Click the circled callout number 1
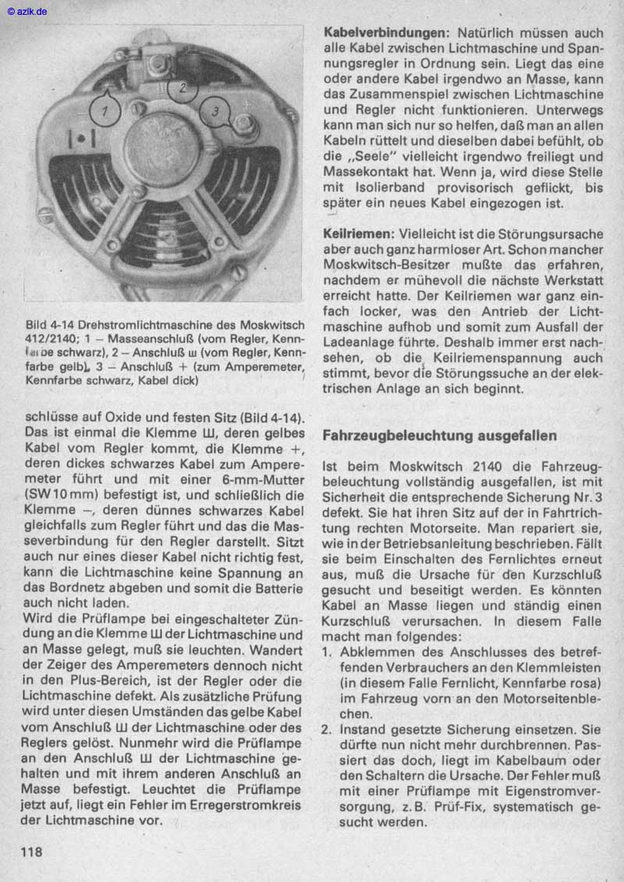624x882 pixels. pyautogui.click(x=106, y=112)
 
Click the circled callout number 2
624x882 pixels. pyautogui.click(x=183, y=88)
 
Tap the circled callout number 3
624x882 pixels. pyautogui.click(x=216, y=112)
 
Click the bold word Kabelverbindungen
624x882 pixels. pyautogui.click(x=385, y=34)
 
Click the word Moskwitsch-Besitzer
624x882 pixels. pyautogui.click(x=382, y=265)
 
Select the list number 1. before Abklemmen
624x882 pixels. pyautogui.click(x=328, y=653)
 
